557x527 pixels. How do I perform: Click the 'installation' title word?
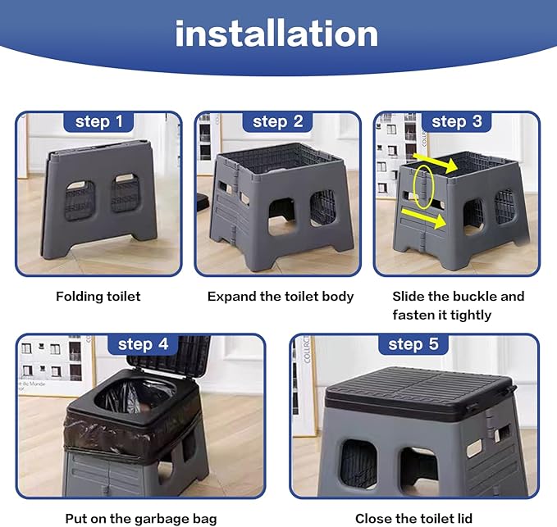pos(276,34)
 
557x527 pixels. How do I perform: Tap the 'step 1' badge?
pos(98,122)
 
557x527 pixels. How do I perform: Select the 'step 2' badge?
pos(278,122)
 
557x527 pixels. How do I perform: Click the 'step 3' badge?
pos(457,122)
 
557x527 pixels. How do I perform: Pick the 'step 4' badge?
pos(143,344)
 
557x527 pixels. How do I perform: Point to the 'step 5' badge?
pos(413,344)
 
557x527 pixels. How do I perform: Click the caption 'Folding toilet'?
pos(98,297)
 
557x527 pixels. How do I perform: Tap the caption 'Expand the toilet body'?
pos(281,297)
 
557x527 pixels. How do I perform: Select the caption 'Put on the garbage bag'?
pos(141,519)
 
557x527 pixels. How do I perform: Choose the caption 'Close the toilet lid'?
pos(413,519)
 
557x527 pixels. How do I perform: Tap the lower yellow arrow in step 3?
pos(423,217)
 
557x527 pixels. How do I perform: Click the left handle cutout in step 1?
pos(80,199)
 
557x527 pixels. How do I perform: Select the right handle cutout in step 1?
pos(125,193)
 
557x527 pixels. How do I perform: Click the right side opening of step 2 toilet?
pos(323,208)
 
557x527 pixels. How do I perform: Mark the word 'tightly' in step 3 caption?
pos(471,316)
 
